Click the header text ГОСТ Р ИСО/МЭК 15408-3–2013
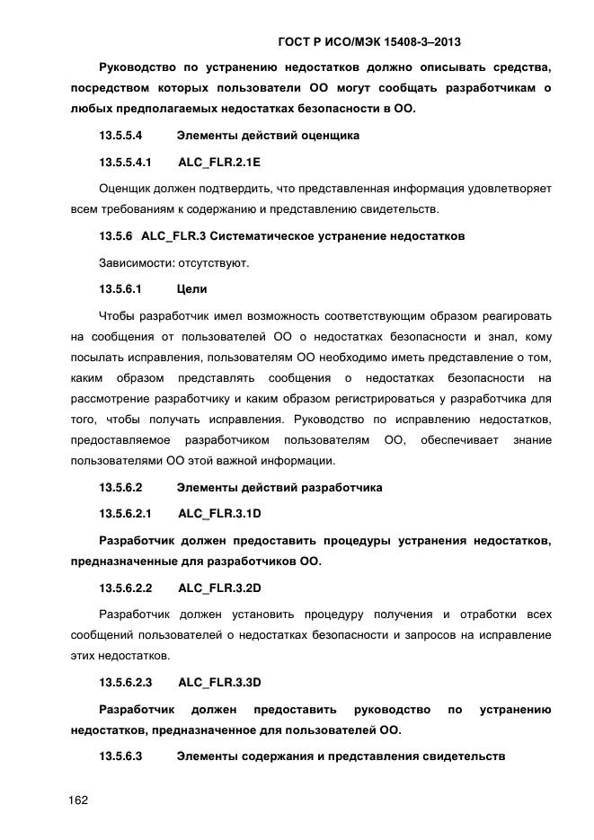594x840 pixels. (x=377, y=41)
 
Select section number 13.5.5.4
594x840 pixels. (x=120, y=136)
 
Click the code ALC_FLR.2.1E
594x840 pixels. (x=219, y=163)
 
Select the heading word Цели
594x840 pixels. (x=191, y=289)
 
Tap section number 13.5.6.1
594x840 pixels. (x=120, y=289)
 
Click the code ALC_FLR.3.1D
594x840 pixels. (x=219, y=514)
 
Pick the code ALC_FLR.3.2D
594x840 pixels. (x=219, y=588)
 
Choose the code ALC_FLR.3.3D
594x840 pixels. (x=219, y=682)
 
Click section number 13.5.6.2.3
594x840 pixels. (x=125, y=682)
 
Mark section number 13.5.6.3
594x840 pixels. (x=120, y=756)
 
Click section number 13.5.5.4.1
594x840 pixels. (x=125, y=163)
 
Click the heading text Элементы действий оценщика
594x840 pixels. (x=268, y=136)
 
